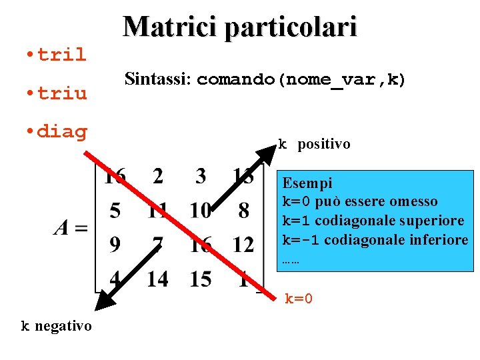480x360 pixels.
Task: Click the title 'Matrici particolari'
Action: pos(240,26)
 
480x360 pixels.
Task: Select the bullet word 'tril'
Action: pos(61,55)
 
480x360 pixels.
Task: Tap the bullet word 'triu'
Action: pos(61,93)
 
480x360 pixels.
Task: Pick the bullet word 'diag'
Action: pos(61,131)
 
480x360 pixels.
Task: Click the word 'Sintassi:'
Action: pos(158,80)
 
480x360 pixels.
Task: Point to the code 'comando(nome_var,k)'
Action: pos(301,81)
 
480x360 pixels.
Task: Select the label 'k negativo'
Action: pos(56,326)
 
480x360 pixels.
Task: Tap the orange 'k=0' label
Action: pos(299,299)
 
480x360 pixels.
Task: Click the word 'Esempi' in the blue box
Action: pos(307,183)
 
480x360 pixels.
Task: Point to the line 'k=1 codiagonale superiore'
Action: pos(373,221)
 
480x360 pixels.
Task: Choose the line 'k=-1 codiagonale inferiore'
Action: pos(375,239)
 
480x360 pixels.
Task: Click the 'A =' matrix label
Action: pos(71,228)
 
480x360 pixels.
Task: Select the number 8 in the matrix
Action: pos(243,211)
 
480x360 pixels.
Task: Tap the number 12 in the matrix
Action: pos(243,245)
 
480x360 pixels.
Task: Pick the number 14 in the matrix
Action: pos(157,279)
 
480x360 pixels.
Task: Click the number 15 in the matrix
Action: pos(200,279)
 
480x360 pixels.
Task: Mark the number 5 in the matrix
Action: pos(115,211)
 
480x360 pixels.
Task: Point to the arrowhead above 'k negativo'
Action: pos(103,301)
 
